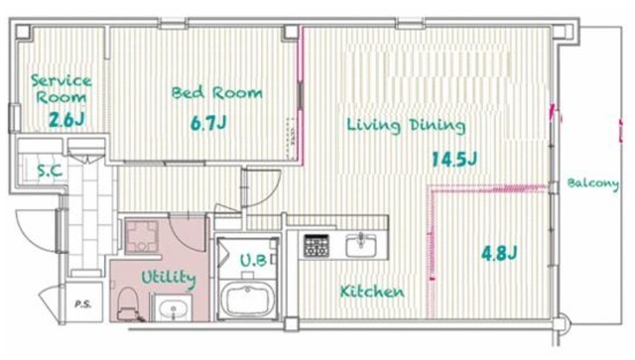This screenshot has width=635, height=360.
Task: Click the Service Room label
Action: coord(62,88)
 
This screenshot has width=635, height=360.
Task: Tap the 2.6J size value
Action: coord(66,119)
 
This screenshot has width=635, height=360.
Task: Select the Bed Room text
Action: coord(216,93)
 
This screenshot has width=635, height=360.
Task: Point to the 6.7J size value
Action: coord(208,123)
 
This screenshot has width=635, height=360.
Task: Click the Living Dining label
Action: coord(406,125)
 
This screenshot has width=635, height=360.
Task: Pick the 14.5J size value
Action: coord(454,159)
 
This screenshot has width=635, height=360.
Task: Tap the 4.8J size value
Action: coord(499,254)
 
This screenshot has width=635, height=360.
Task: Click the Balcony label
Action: coord(593,183)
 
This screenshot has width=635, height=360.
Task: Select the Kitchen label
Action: coord(372,292)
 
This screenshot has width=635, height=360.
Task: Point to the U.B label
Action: coord(254,261)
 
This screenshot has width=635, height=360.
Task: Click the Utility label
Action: coord(169,279)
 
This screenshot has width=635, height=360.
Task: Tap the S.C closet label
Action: coord(50,171)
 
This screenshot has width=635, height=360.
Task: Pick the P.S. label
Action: coord(82,303)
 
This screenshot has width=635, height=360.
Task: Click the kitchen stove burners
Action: coord(317,245)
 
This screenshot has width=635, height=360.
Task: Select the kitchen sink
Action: coord(361,246)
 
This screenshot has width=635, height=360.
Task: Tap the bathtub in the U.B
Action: coord(247,300)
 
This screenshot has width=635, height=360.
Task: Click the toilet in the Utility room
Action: coord(128,303)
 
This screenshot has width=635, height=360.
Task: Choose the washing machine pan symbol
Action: coord(141,237)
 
